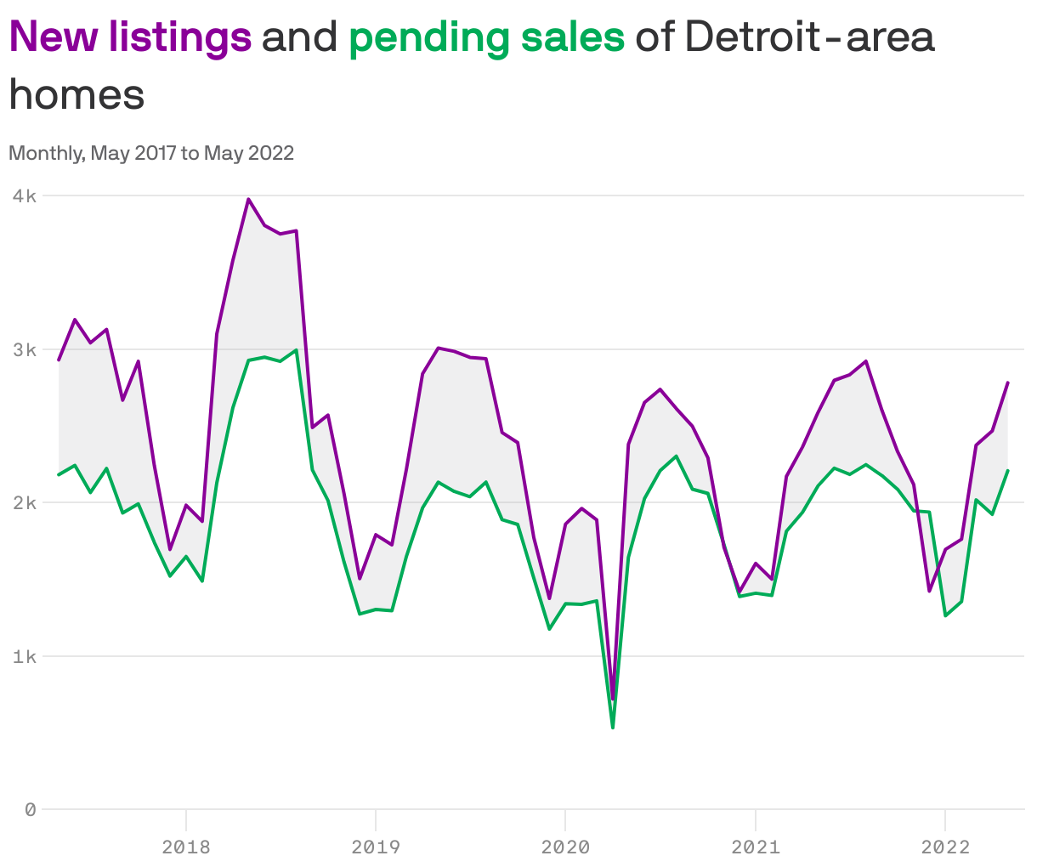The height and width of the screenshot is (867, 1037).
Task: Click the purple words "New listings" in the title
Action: (x=130, y=37)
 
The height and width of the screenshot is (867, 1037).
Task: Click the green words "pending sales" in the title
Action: (x=486, y=37)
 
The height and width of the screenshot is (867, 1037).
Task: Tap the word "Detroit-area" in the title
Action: (x=808, y=37)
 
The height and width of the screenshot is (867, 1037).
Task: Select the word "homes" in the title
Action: (x=76, y=94)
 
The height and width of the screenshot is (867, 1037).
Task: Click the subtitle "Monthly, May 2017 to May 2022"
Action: (x=151, y=153)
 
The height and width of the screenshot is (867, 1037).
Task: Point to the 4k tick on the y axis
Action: (x=25, y=195)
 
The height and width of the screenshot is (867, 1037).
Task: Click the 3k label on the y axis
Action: (x=25, y=349)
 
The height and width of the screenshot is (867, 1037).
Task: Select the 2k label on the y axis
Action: (x=25, y=502)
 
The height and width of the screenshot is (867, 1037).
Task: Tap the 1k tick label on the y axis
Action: (x=25, y=656)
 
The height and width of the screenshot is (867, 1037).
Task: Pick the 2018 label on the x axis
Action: (x=185, y=847)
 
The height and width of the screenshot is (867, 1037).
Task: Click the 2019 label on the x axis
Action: (x=375, y=847)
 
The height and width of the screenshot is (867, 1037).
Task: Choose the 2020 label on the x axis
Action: (x=565, y=847)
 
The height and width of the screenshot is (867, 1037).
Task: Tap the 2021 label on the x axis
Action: (x=755, y=847)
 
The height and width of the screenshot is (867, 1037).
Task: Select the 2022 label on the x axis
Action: (x=945, y=847)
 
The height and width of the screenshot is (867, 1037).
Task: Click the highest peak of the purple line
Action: (x=248, y=200)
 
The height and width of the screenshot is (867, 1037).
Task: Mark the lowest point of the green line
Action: (x=613, y=728)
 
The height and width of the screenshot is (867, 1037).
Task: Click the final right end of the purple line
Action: (x=1008, y=382)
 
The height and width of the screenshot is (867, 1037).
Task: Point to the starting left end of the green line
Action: (x=59, y=474)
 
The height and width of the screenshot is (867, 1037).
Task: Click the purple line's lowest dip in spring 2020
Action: (x=613, y=699)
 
